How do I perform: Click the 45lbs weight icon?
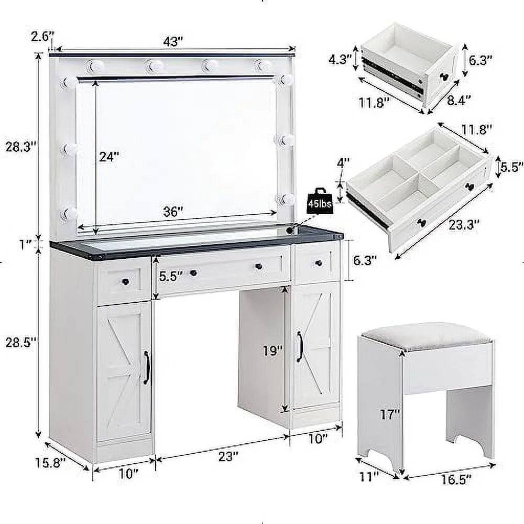click(320, 201)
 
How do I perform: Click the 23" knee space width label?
click(226, 456)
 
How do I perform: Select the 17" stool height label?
click(390, 414)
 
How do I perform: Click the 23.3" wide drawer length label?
click(464, 225)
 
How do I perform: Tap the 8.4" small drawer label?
click(459, 100)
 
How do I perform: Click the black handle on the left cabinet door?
click(146, 367)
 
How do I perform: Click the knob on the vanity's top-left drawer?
click(125, 281)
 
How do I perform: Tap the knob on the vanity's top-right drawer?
click(318, 263)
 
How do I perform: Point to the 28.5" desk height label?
click(20, 342)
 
